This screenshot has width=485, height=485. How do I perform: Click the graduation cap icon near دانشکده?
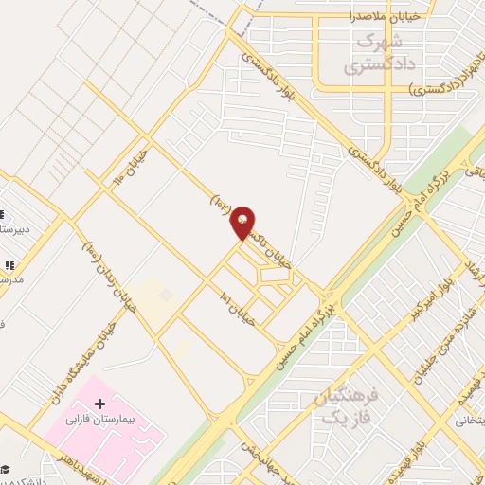(x=5, y=470)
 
